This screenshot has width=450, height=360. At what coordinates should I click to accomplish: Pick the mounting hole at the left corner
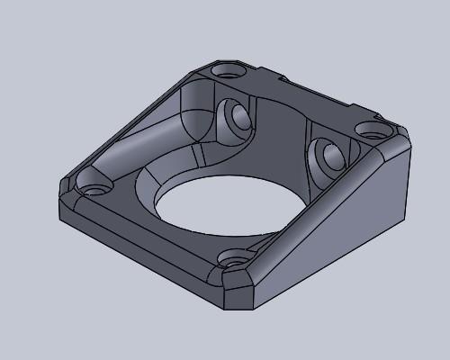[x=94, y=191]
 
